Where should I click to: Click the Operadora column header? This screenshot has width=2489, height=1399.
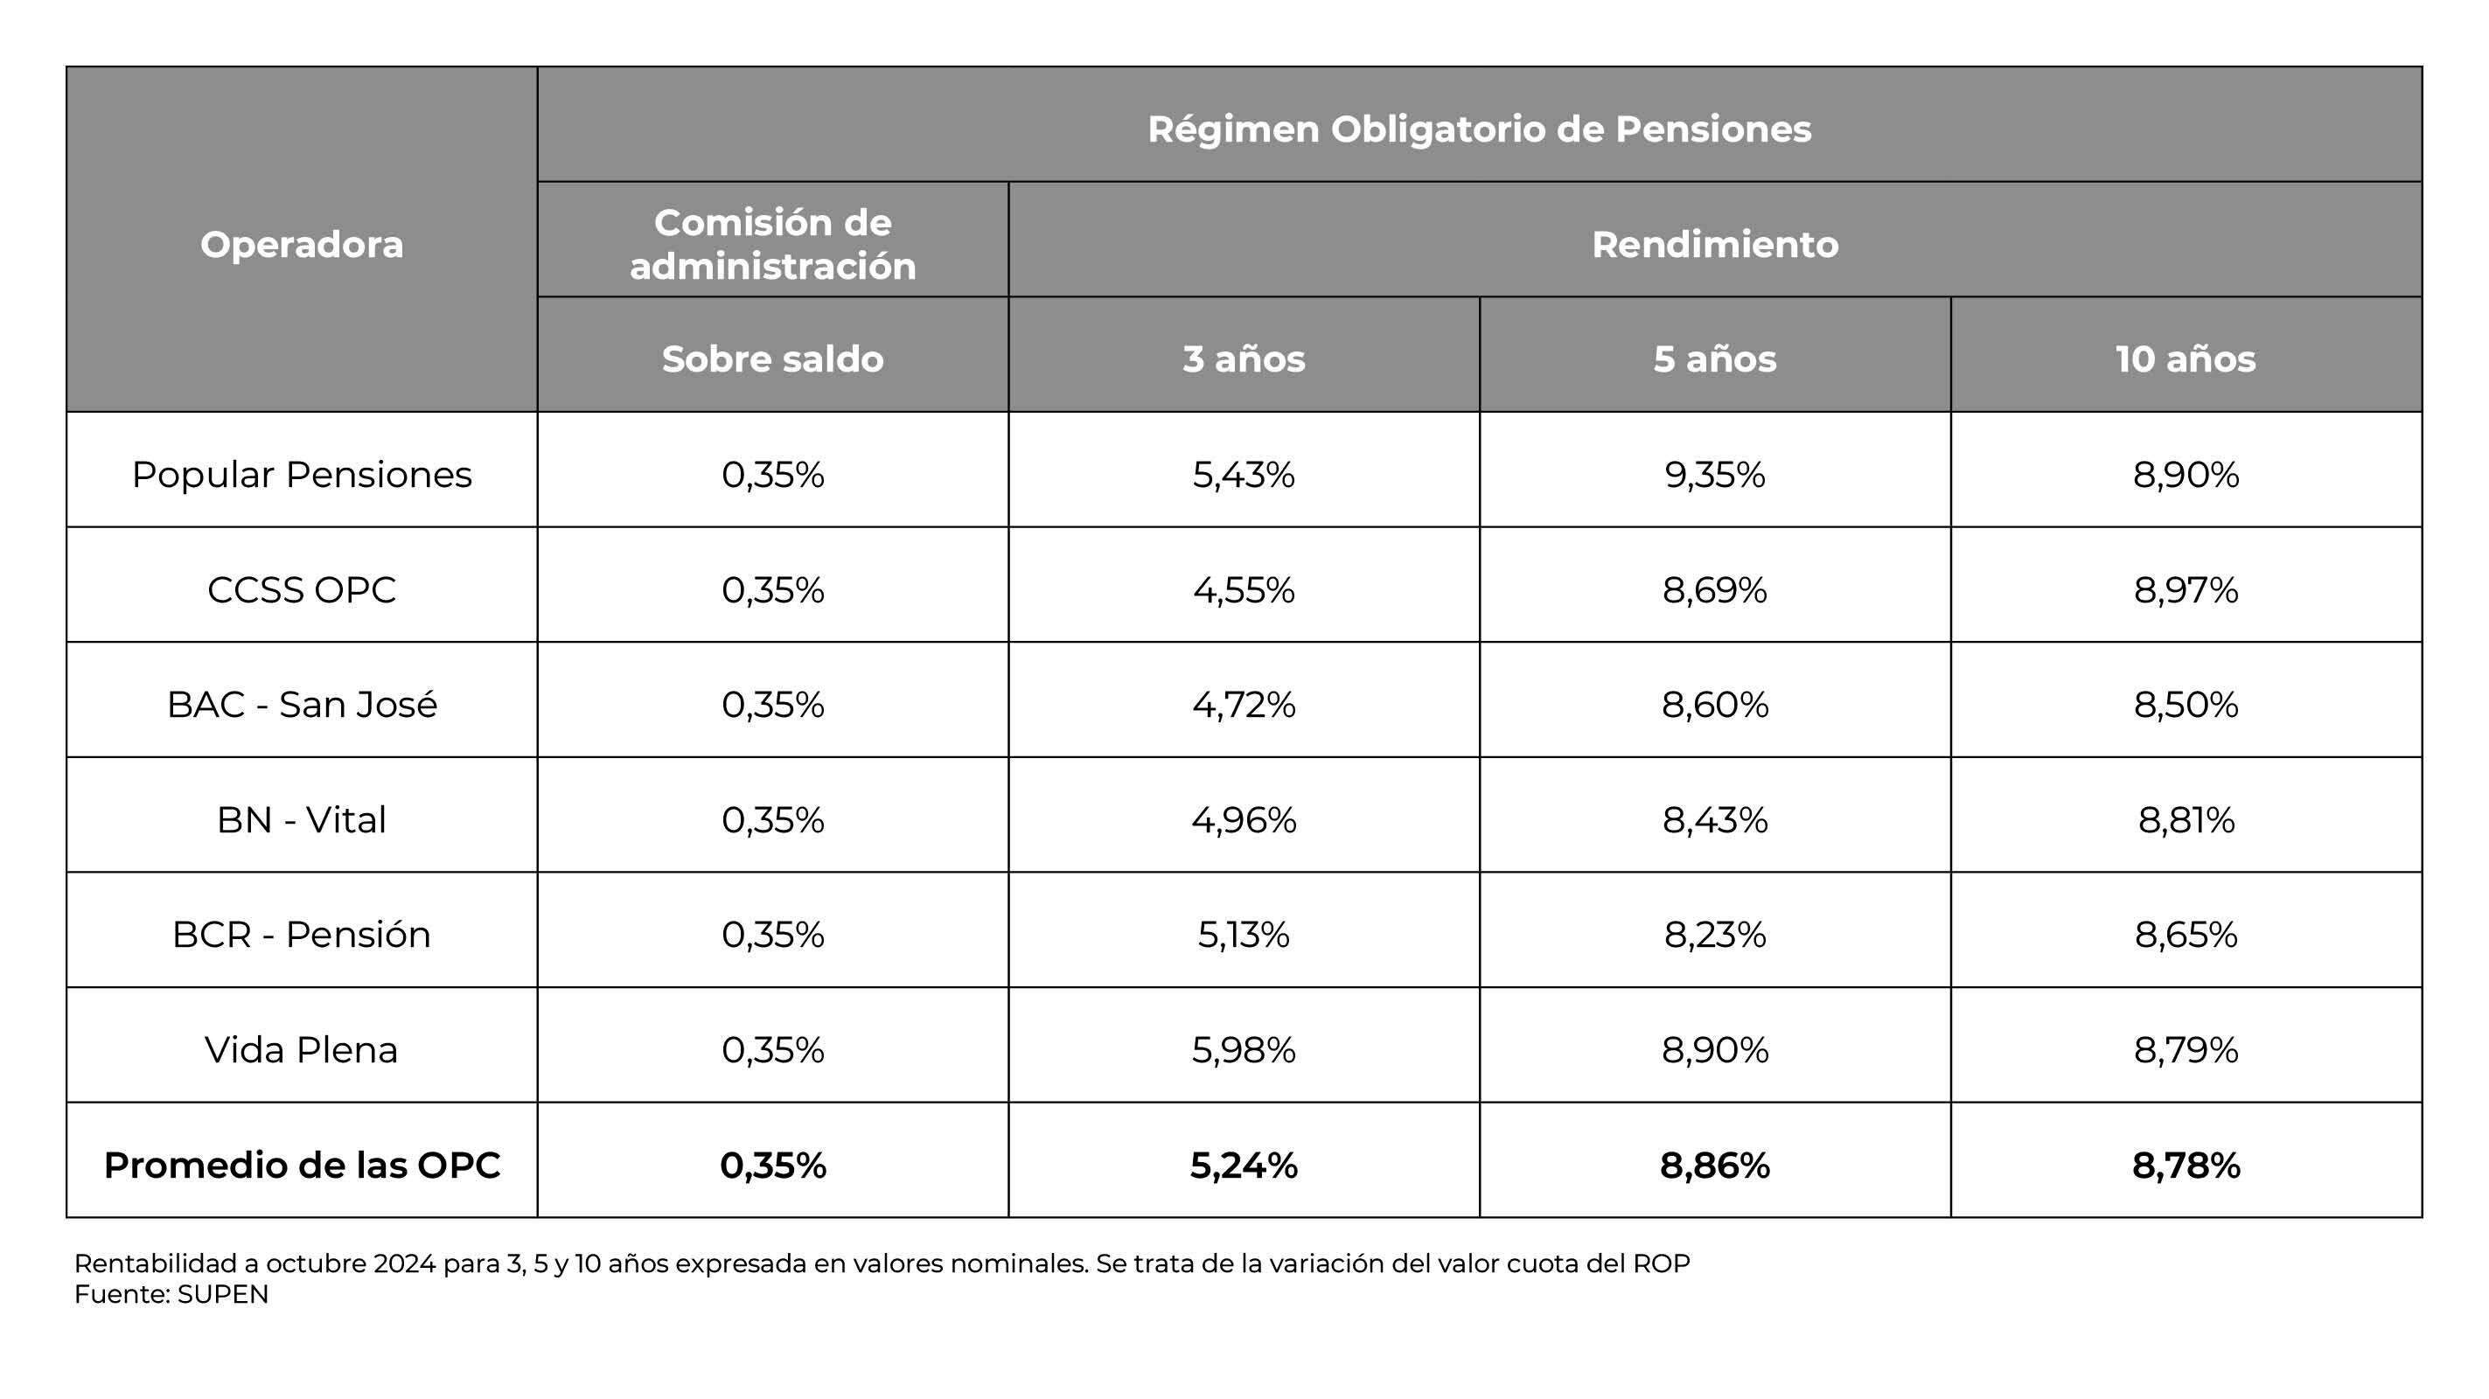[x=302, y=245]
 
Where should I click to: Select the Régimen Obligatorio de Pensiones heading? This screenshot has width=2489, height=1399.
[x=1478, y=129]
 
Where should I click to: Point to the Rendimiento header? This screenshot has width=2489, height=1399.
[x=1714, y=245]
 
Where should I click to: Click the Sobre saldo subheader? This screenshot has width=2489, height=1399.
[x=772, y=358]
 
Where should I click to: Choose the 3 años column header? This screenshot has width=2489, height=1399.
[x=1244, y=358]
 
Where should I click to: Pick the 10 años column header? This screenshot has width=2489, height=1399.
[x=2185, y=358]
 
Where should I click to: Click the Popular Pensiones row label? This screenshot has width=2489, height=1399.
[x=302, y=475]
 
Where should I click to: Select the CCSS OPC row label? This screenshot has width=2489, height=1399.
[x=302, y=589]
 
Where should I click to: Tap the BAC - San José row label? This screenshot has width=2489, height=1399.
[x=302, y=705]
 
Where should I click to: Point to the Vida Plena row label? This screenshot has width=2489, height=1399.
[x=302, y=1049]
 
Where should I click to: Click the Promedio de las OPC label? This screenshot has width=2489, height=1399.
[x=302, y=1166]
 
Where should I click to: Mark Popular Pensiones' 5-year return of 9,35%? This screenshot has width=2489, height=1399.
[x=1714, y=475]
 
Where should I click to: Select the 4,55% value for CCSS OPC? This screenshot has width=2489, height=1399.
[x=1244, y=589]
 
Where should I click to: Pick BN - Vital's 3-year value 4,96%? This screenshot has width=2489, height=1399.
[x=1244, y=819]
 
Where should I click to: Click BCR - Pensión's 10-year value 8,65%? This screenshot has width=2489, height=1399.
[x=2185, y=935]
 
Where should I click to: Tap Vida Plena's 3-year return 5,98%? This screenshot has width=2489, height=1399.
[x=1244, y=1049]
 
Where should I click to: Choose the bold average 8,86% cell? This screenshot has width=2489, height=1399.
[x=1714, y=1166]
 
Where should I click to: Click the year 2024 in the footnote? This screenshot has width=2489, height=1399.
[x=404, y=1263]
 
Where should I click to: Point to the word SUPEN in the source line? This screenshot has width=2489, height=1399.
[x=222, y=1295]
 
